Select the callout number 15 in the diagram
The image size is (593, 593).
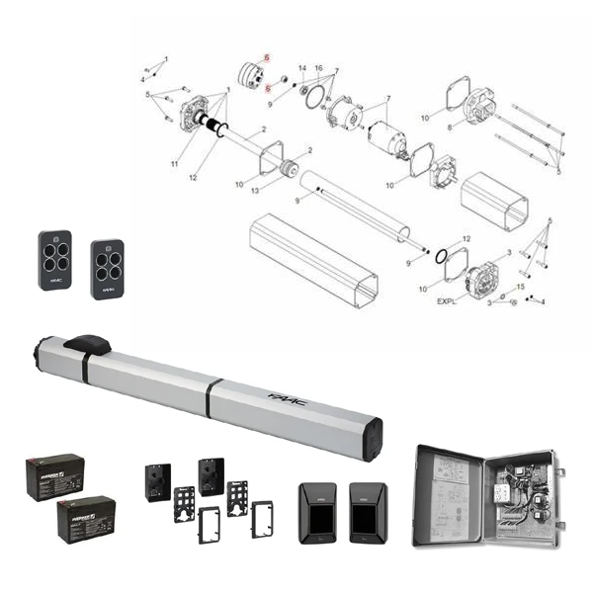point(520,287)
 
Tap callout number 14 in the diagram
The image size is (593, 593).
point(302,66)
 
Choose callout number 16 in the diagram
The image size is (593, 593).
point(318,66)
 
